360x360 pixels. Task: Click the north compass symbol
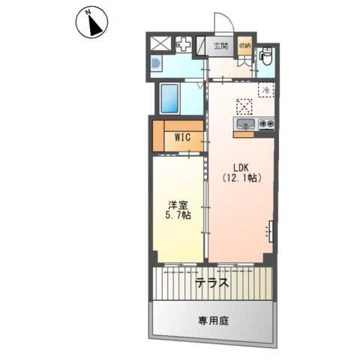[x=91, y=22]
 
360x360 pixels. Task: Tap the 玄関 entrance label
[x=220, y=46]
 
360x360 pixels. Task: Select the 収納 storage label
[x=244, y=46]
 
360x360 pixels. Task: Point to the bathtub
[x=169, y=98]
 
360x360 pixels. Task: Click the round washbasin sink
[x=156, y=64]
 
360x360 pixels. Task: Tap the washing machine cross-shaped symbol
[x=184, y=45]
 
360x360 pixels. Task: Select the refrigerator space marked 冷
[x=266, y=90]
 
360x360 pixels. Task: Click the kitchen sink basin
[x=246, y=124]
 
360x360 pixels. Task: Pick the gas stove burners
[x=266, y=123]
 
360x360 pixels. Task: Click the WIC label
[x=182, y=137]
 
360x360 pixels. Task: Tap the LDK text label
[x=241, y=167]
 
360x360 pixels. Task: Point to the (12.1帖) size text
[x=241, y=178]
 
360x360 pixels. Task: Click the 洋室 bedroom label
[x=178, y=205]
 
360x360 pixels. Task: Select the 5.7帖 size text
[x=178, y=215]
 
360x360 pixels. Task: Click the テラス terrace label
[x=212, y=283]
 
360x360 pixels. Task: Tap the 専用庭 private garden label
[x=213, y=321]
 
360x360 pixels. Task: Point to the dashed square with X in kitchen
[x=244, y=106]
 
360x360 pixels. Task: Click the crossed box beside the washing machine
[x=161, y=43]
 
